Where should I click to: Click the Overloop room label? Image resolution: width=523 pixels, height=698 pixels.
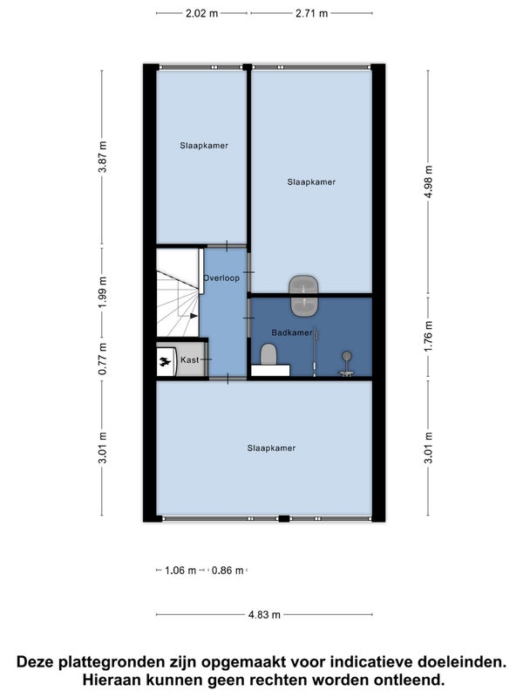(221, 277)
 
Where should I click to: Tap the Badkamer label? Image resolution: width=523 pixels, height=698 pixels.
(292, 332)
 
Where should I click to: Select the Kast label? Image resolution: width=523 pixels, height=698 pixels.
(189, 359)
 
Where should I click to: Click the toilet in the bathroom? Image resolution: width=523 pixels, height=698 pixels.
(268, 355)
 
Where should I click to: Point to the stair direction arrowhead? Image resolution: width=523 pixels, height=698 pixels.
(194, 316)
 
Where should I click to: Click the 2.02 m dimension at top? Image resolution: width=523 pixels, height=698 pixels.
(201, 13)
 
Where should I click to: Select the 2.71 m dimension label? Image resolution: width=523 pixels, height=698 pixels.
(311, 13)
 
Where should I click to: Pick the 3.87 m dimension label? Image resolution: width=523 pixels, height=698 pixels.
(103, 157)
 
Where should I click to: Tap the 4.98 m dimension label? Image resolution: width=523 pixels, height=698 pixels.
(428, 182)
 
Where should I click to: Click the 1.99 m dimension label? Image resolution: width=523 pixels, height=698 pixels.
(103, 291)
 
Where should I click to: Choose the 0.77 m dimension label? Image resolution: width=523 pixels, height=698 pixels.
(103, 359)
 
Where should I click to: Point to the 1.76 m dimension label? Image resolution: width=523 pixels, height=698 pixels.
(428, 336)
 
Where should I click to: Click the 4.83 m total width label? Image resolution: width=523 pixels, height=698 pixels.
(264, 615)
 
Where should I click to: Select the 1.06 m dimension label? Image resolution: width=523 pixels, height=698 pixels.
(180, 571)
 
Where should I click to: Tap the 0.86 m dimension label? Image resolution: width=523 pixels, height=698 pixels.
(228, 571)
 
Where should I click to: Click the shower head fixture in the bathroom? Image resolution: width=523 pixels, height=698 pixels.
(346, 356)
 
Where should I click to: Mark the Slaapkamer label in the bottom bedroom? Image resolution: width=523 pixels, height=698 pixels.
(271, 448)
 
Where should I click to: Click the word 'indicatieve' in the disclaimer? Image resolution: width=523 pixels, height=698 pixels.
(361, 662)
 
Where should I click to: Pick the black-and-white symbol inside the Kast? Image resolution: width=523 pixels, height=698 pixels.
(165, 362)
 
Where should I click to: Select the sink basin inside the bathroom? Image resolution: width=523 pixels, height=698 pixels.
(303, 305)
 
